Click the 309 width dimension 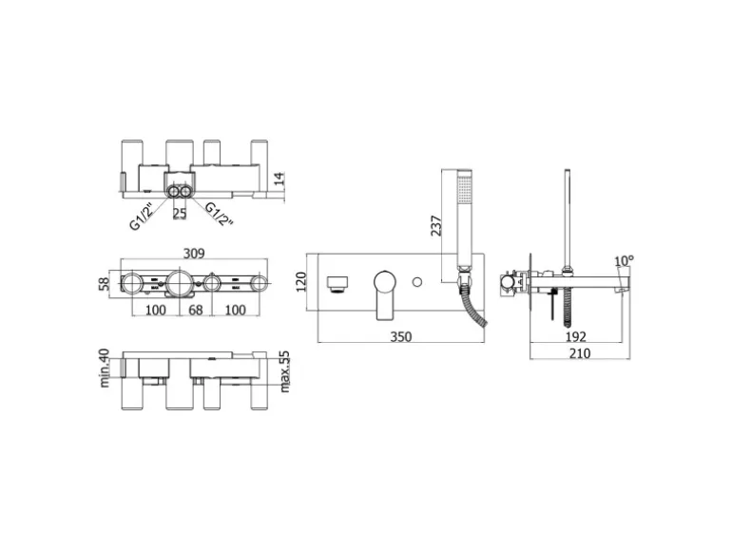pyautogui.click(x=194, y=254)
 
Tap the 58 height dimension pyautogui.click(x=105, y=284)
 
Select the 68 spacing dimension pyautogui.click(x=195, y=310)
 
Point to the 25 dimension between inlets pyautogui.click(x=180, y=214)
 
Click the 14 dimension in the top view pyautogui.click(x=279, y=180)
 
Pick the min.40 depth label pyautogui.click(x=105, y=368)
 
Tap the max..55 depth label pyautogui.click(x=284, y=371)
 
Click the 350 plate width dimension pyautogui.click(x=401, y=336)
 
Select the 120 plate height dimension pyautogui.click(x=300, y=282)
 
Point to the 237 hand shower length pyautogui.click(x=436, y=225)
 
